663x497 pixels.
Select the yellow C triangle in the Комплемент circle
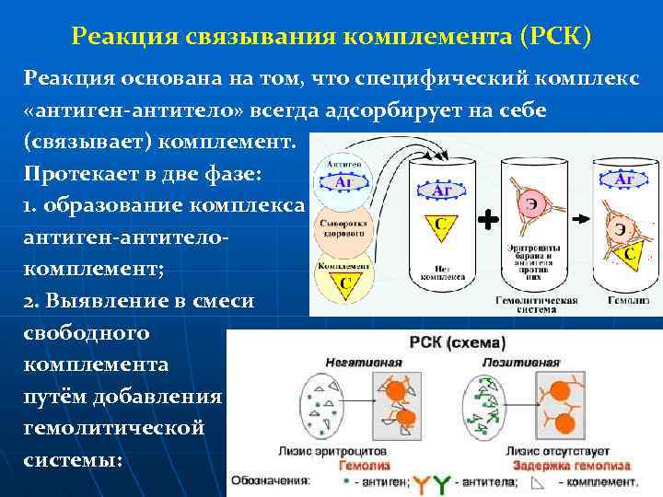click(344, 283)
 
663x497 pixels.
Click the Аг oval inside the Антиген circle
click(344, 183)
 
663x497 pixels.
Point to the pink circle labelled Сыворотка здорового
click(343, 229)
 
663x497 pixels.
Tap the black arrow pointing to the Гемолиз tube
click(581, 221)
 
